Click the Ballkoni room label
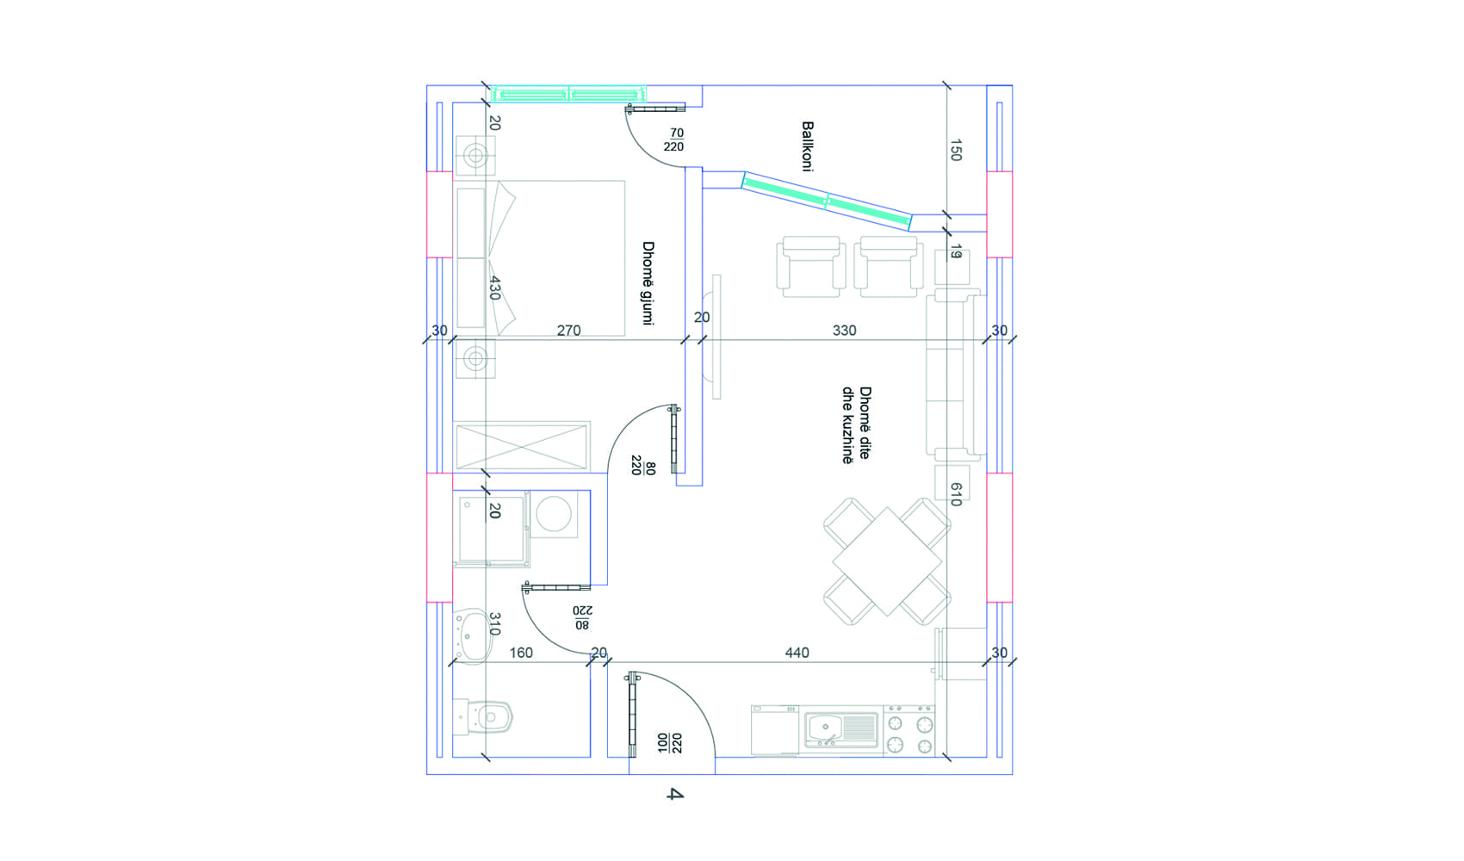807,146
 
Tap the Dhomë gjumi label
648,283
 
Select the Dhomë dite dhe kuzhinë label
856,425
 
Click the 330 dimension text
845,331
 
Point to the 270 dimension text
568,331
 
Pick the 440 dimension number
797,653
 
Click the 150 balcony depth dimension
956,151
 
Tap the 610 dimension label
956,494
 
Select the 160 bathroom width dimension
521,653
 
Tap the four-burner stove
909,731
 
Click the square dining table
887,561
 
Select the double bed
540,258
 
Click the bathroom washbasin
473,636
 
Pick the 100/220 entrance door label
670,743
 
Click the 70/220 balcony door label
673,140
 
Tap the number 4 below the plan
675,795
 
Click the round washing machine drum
554,513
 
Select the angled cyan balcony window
827,201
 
